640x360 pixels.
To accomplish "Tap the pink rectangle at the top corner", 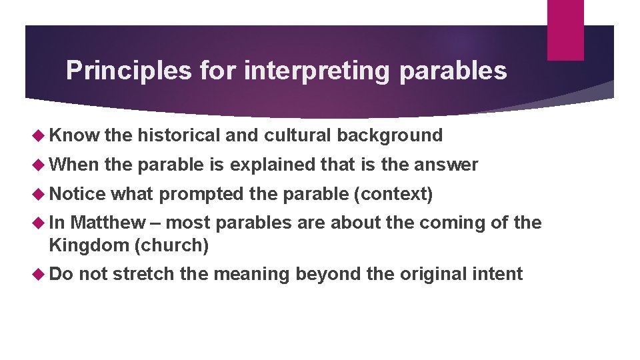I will coord(565,29).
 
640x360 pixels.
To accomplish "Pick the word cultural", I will coord(298,135).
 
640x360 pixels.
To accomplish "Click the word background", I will coord(389,135).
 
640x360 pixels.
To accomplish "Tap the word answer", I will coord(447,165).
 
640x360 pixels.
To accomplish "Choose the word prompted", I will coord(202,194).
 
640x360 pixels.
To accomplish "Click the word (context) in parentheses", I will coord(393,194).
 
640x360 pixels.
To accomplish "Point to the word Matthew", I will coord(107,223).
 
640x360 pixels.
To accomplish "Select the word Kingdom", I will coord(89,245).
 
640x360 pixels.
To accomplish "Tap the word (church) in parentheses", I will coord(171,245).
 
